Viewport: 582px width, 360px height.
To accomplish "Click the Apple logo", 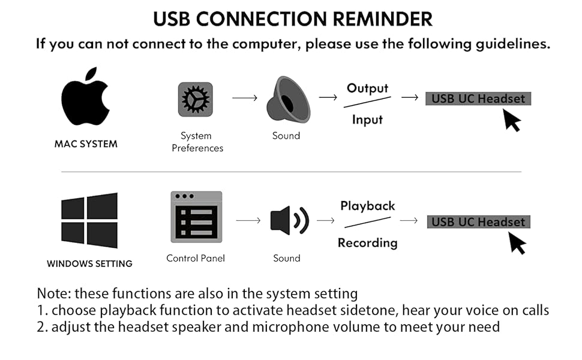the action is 85,97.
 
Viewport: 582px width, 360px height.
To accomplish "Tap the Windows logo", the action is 89,220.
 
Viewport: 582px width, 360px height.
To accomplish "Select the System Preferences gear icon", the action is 195,99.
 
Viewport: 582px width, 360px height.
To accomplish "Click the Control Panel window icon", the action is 196,217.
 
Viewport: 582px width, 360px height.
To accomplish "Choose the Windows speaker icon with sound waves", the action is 289,221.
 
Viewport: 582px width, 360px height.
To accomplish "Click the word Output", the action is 367,89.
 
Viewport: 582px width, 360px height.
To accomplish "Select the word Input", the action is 367,119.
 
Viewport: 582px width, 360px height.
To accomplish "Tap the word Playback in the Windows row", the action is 367,206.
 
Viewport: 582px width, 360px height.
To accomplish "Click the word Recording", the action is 367,243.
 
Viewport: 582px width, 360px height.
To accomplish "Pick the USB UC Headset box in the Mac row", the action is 478,98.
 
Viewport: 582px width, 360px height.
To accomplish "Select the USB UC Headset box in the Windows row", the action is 478,222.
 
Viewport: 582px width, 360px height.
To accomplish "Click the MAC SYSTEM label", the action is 86,144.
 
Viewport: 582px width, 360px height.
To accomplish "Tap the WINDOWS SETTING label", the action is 89,263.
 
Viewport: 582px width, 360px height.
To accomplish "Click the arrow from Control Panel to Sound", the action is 248,221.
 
